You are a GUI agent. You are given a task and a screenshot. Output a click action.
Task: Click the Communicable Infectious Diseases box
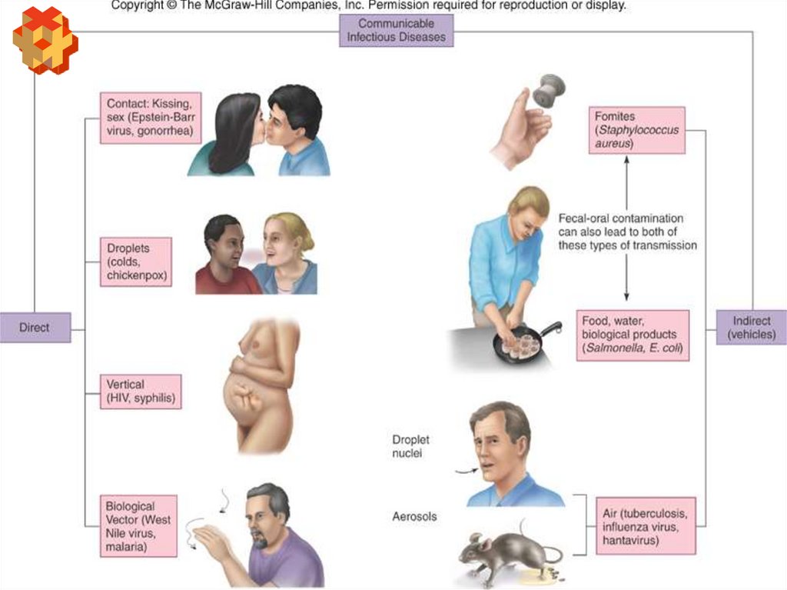coord(396,30)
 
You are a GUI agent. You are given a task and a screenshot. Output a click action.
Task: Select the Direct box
coord(35,327)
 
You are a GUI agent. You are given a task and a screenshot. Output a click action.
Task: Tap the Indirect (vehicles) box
coord(751,328)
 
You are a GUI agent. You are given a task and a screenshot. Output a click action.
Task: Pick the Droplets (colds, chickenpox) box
coord(136,262)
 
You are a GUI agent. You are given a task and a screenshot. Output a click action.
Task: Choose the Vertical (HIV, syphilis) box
coord(141,391)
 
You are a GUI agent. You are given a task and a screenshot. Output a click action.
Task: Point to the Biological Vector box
coord(138,526)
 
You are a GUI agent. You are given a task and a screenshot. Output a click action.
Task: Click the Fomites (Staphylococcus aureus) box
coord(636,130)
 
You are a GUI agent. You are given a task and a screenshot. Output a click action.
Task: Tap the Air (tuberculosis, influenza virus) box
coord(646,526)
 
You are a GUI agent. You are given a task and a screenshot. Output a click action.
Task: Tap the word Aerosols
coord(414,516)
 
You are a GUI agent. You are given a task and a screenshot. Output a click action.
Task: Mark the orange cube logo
coord(45,40)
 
